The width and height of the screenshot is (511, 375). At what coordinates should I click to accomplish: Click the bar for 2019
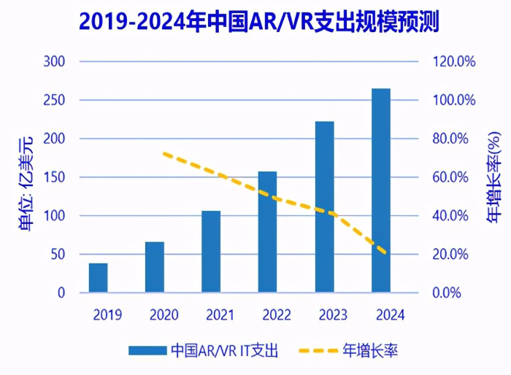pos(99,278)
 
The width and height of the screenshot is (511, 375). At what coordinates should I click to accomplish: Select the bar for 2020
pos(155,267)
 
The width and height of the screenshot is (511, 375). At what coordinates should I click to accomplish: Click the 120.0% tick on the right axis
pos(453,62)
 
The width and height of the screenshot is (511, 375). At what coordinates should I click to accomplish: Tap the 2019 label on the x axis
pos(107,316)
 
